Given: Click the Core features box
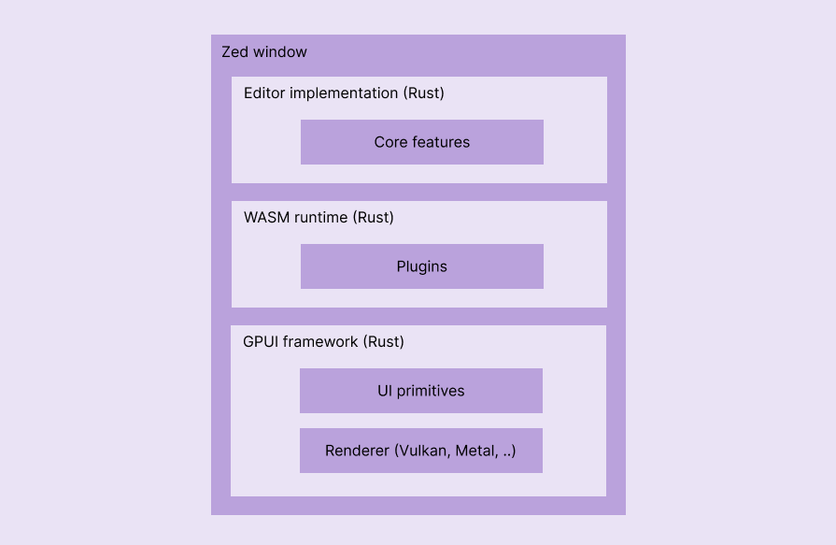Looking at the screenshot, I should click(422, 142).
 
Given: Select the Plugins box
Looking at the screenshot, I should click(422, 266).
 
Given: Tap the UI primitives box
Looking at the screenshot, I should click(421, 391).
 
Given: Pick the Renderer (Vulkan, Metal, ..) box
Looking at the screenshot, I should click(421, 451).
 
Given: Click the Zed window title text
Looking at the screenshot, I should click(264, 52).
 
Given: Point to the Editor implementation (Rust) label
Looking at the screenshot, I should click(344, 93).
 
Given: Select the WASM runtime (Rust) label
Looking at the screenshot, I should click(319, 218).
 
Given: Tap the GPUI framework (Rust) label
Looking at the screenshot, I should click(323, 342).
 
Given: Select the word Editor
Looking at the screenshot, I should click(264, 93).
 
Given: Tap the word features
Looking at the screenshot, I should click(441, 142).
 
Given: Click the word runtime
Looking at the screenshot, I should click(320, 218).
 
